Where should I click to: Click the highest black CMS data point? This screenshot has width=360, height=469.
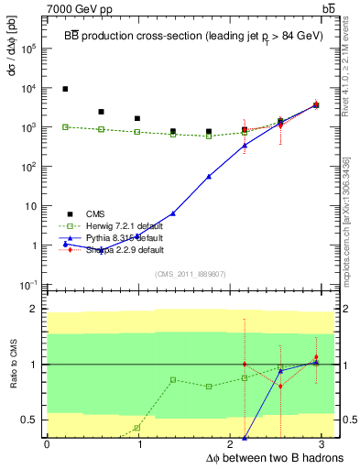(65, 89)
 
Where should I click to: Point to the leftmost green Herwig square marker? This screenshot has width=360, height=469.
(65, 126)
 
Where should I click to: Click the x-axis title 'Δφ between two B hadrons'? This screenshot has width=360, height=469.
(275, 457)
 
